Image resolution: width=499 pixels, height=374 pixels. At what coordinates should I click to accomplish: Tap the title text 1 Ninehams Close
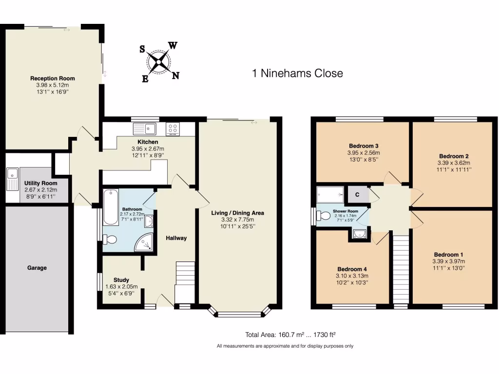297,74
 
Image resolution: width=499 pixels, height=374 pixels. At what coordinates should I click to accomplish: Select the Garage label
37,268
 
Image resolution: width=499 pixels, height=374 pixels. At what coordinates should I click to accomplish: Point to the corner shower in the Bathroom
145,242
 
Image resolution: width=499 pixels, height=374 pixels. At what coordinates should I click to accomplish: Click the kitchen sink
144,129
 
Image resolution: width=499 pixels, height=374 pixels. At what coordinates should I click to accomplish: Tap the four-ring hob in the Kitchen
173,129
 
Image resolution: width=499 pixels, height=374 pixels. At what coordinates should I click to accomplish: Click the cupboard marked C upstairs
357,195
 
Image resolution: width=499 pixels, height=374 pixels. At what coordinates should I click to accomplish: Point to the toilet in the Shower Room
324,216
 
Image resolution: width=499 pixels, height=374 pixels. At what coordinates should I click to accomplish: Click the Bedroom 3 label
364,146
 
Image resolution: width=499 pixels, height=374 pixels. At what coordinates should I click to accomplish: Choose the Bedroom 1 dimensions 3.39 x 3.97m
448,262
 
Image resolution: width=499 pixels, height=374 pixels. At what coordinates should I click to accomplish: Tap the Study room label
121,280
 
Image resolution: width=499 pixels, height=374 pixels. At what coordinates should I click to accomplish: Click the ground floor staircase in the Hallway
185,282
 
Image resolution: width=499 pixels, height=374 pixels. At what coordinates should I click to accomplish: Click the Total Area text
291,335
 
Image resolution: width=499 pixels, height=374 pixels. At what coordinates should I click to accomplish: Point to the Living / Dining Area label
237,213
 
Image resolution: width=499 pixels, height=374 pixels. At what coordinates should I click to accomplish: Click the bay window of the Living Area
239,313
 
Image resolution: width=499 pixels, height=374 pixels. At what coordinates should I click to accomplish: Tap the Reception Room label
53,78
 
